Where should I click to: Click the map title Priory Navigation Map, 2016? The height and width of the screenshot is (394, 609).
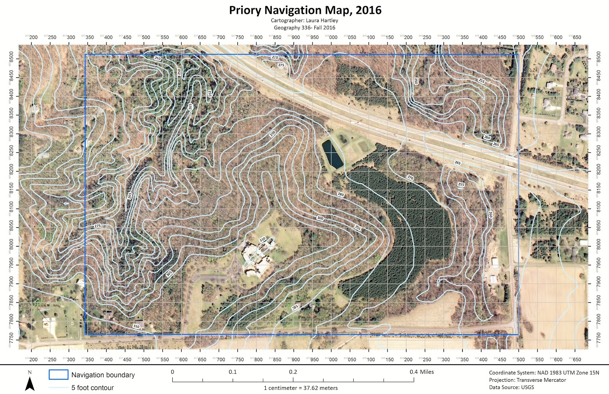305,10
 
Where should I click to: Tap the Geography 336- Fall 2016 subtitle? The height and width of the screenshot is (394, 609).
304,28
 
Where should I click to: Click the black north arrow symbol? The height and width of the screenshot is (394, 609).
30,383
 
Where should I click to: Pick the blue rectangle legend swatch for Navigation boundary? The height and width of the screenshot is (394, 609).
58,375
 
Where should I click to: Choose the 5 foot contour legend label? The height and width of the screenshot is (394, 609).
92,388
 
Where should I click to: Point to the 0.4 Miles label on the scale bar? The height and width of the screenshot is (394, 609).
422,372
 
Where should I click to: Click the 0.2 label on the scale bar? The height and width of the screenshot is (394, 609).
293,372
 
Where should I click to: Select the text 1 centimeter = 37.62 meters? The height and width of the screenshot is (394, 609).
301,388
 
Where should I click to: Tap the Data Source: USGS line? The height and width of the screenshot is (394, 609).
511,388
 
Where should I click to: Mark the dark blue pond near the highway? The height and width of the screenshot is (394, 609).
332,154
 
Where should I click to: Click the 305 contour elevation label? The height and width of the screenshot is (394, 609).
169,273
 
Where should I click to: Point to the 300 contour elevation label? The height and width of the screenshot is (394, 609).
320,218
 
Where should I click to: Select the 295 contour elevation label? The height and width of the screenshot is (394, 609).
358,228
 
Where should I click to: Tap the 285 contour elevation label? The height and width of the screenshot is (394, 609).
295,307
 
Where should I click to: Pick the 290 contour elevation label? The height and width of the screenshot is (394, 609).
273,134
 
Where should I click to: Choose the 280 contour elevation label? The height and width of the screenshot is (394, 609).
340,195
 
